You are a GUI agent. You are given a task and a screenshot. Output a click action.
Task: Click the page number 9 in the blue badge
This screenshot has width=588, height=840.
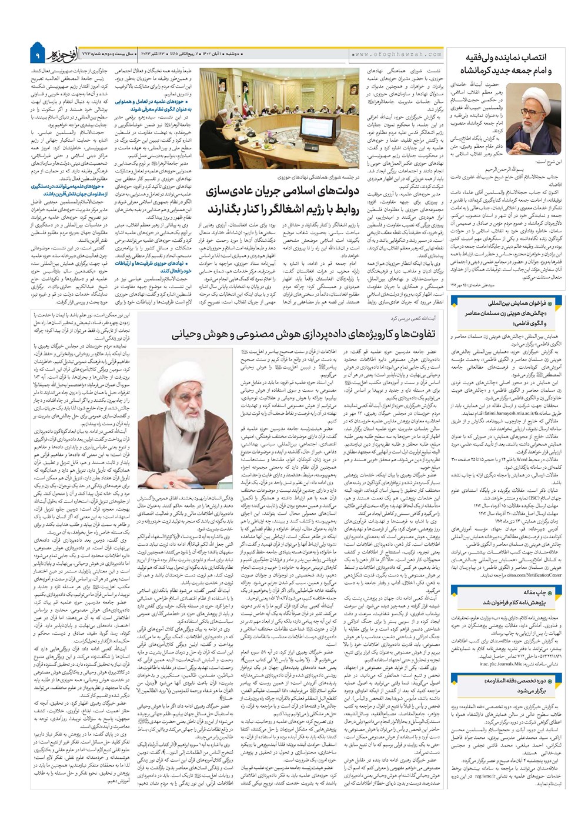[x=36, y=55]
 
